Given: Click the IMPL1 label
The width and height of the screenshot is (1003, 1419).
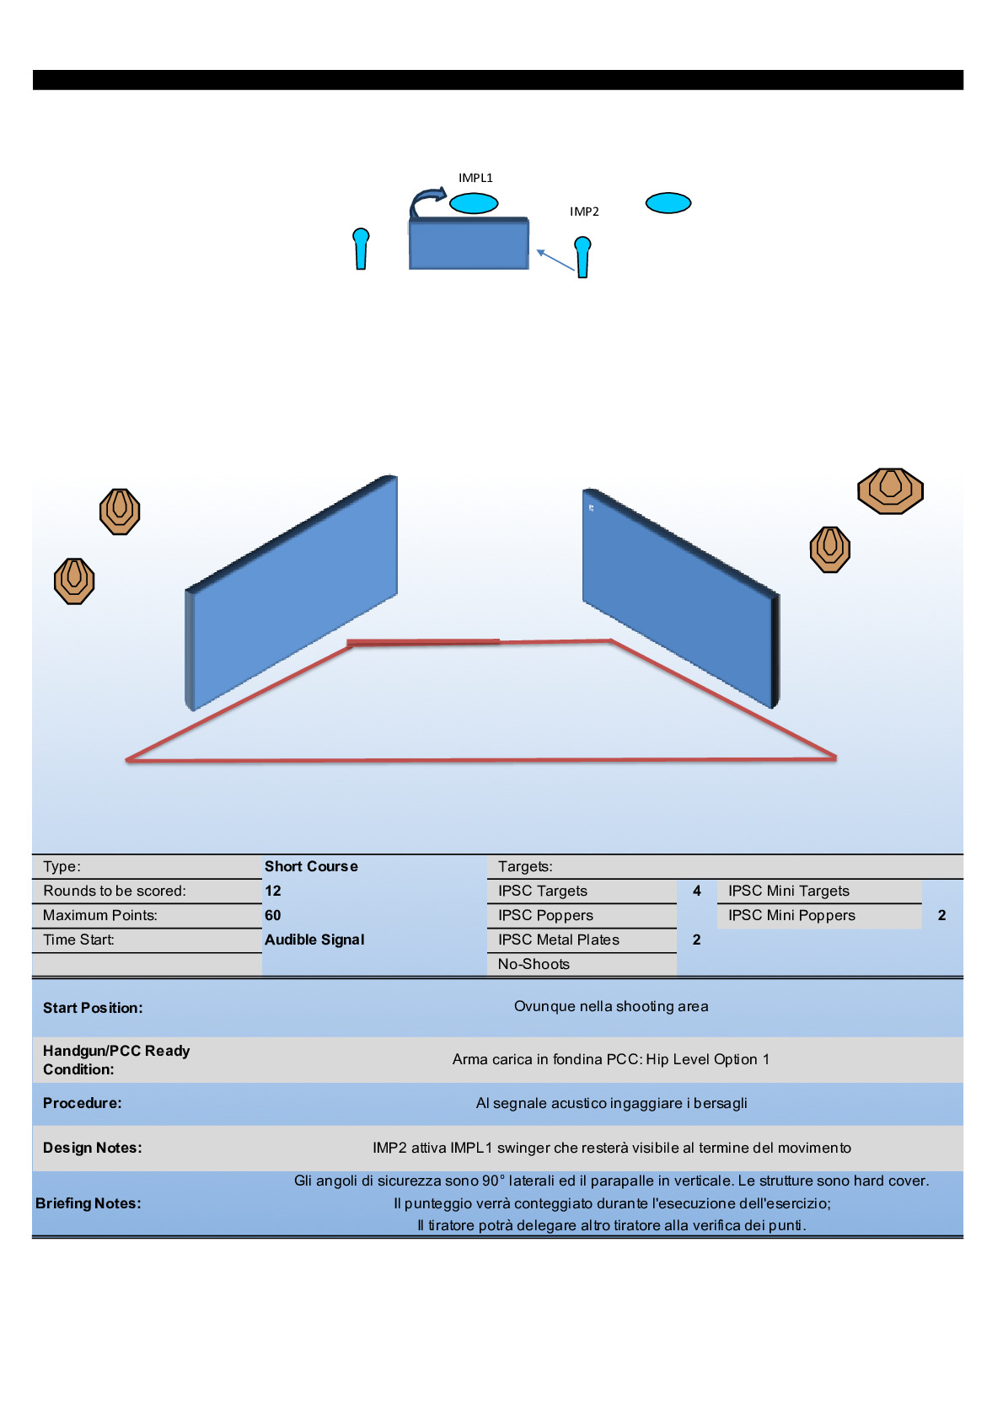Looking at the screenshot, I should point(475,178).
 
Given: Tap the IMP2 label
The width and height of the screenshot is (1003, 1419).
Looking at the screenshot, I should point(584,212).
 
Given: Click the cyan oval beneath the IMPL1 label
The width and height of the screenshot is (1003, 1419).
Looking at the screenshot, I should point(474,203).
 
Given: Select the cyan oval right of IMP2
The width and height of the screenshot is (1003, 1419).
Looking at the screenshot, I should point(668,203).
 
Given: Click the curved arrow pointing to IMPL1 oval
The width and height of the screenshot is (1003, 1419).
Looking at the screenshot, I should point(426,201).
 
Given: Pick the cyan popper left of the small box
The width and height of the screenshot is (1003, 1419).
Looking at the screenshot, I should point(361,249).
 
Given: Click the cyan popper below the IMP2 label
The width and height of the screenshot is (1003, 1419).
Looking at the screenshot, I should point(582,256).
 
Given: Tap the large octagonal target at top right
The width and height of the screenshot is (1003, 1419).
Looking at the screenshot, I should point(890,490).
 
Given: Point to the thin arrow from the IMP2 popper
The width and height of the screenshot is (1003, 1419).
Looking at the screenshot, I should point(555,260).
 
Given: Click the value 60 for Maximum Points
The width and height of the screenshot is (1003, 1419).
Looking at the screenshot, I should point(273,915).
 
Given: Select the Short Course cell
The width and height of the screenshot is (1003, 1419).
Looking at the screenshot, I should point(311,866).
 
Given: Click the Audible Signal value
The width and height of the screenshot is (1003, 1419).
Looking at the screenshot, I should point(314,940).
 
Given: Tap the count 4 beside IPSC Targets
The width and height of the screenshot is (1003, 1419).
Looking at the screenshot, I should point(697,891).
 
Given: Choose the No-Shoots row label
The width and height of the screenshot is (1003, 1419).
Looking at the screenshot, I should point(534,964).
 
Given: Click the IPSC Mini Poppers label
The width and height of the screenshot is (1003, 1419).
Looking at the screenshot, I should point(791,915).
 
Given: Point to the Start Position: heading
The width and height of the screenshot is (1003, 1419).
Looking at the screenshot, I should point(93,1008).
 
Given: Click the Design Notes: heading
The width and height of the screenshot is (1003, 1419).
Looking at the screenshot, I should point(93,1148).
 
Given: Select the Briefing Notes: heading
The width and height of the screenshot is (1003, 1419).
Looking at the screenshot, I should point(88,1203).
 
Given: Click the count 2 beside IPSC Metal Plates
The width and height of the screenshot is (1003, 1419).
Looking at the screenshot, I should point(697,940).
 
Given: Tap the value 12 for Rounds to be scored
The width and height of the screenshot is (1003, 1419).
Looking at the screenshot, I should point(273,891).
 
